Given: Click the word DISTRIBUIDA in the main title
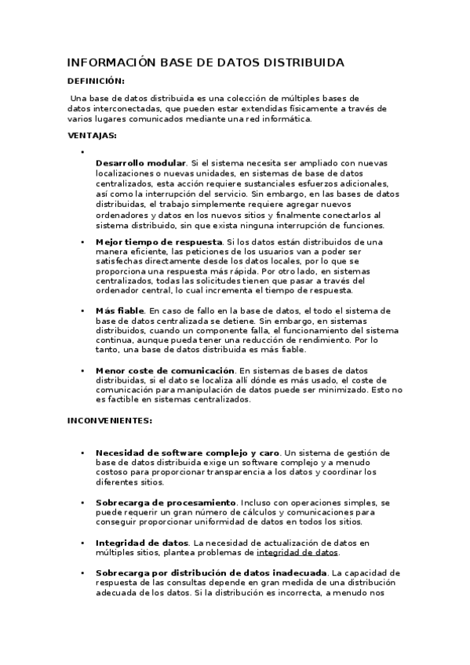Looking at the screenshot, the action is coord(299,63).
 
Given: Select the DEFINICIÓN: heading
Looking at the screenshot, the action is coord(96,81).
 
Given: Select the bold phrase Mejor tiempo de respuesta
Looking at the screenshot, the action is coord(159,242).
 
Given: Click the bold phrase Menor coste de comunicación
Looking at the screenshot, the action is coord(165,370).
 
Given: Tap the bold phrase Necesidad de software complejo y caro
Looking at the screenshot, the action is coord(188,453).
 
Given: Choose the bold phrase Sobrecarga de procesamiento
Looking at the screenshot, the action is coord(166,502).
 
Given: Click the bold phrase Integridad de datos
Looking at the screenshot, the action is coord(141,543).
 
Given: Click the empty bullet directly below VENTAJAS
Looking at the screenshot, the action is coord(82,151).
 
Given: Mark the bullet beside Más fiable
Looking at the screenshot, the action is coord(82,311).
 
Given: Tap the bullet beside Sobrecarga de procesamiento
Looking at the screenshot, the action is coord(82,502).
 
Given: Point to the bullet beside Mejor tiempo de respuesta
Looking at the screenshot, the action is coord(82,242).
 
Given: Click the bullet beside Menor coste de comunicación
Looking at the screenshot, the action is coord(82,370).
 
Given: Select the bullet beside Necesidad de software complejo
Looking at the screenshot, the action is coord(82,453).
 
